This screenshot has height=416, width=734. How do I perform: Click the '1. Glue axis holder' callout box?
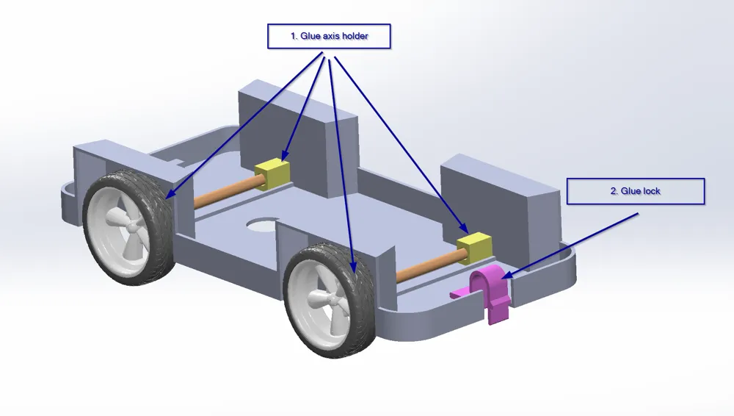329,36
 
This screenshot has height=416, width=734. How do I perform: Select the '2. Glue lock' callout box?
635,191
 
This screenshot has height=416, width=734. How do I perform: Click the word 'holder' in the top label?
355,36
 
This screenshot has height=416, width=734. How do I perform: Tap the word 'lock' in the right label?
651,191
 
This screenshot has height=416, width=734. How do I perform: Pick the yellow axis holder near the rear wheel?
272,173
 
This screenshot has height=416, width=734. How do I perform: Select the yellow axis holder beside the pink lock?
475,248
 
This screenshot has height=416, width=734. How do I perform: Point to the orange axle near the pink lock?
431,265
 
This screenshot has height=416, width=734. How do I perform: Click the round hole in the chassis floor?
263,225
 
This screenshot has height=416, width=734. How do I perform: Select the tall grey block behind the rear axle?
299,139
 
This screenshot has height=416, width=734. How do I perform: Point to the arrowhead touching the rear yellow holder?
284,156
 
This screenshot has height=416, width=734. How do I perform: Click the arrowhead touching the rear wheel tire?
170,195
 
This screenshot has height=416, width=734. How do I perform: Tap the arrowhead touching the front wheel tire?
354,268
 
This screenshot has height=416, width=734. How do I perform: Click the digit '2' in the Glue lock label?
613,191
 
